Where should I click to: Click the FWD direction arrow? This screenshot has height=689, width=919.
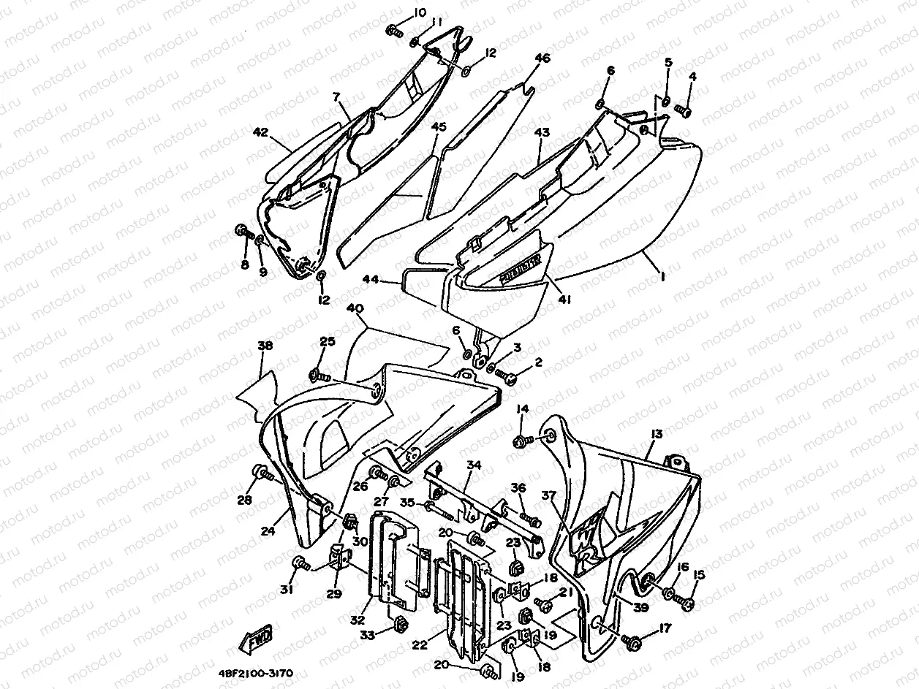point(255,640)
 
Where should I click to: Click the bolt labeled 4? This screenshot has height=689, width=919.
point(684,110)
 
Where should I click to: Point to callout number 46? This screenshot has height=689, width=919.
point(542,58)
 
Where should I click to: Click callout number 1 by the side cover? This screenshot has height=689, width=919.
point(662,276)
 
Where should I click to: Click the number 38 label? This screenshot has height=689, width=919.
point(265,346)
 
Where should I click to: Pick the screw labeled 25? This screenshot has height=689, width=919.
point(319,376)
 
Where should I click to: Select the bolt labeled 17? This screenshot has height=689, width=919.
point(632,642)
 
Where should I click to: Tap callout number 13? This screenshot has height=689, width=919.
point(656,435)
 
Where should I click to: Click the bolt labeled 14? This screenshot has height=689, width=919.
point(521,440)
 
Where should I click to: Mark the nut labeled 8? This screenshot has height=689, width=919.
point(242,232)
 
